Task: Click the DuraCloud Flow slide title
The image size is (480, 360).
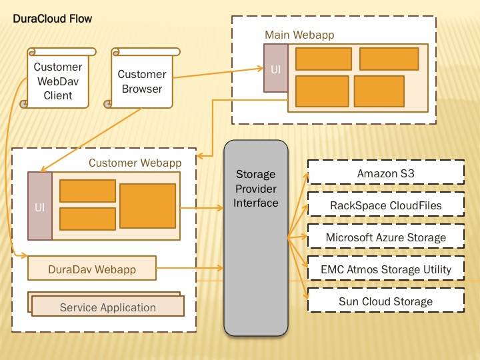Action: tap(53, 19)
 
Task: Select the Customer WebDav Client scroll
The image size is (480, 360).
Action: tap(57, 81)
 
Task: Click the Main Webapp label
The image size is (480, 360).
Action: tap(299, 35)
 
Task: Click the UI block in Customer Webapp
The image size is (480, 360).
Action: tap(39, 206)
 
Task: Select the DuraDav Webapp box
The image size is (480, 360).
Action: tap(92, 269)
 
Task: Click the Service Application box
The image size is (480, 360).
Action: tap(107, 307)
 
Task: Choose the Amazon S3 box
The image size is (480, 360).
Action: tap(385, 173)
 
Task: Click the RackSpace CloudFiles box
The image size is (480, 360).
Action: tap(385, 205)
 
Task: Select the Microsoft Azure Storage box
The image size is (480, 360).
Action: tap(385, 237)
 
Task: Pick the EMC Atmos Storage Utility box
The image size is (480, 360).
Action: tap(385, 269)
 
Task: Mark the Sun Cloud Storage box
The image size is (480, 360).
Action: tap(385, 301)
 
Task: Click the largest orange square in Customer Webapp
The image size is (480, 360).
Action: tap(147, 206)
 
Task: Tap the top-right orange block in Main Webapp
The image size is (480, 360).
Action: tap(389, 59)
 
